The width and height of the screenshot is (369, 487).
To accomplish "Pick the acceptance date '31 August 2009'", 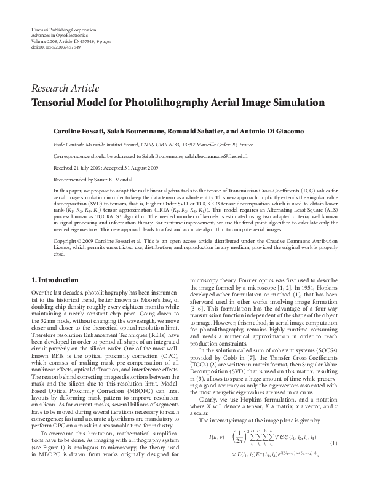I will click(x=134, y=167).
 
